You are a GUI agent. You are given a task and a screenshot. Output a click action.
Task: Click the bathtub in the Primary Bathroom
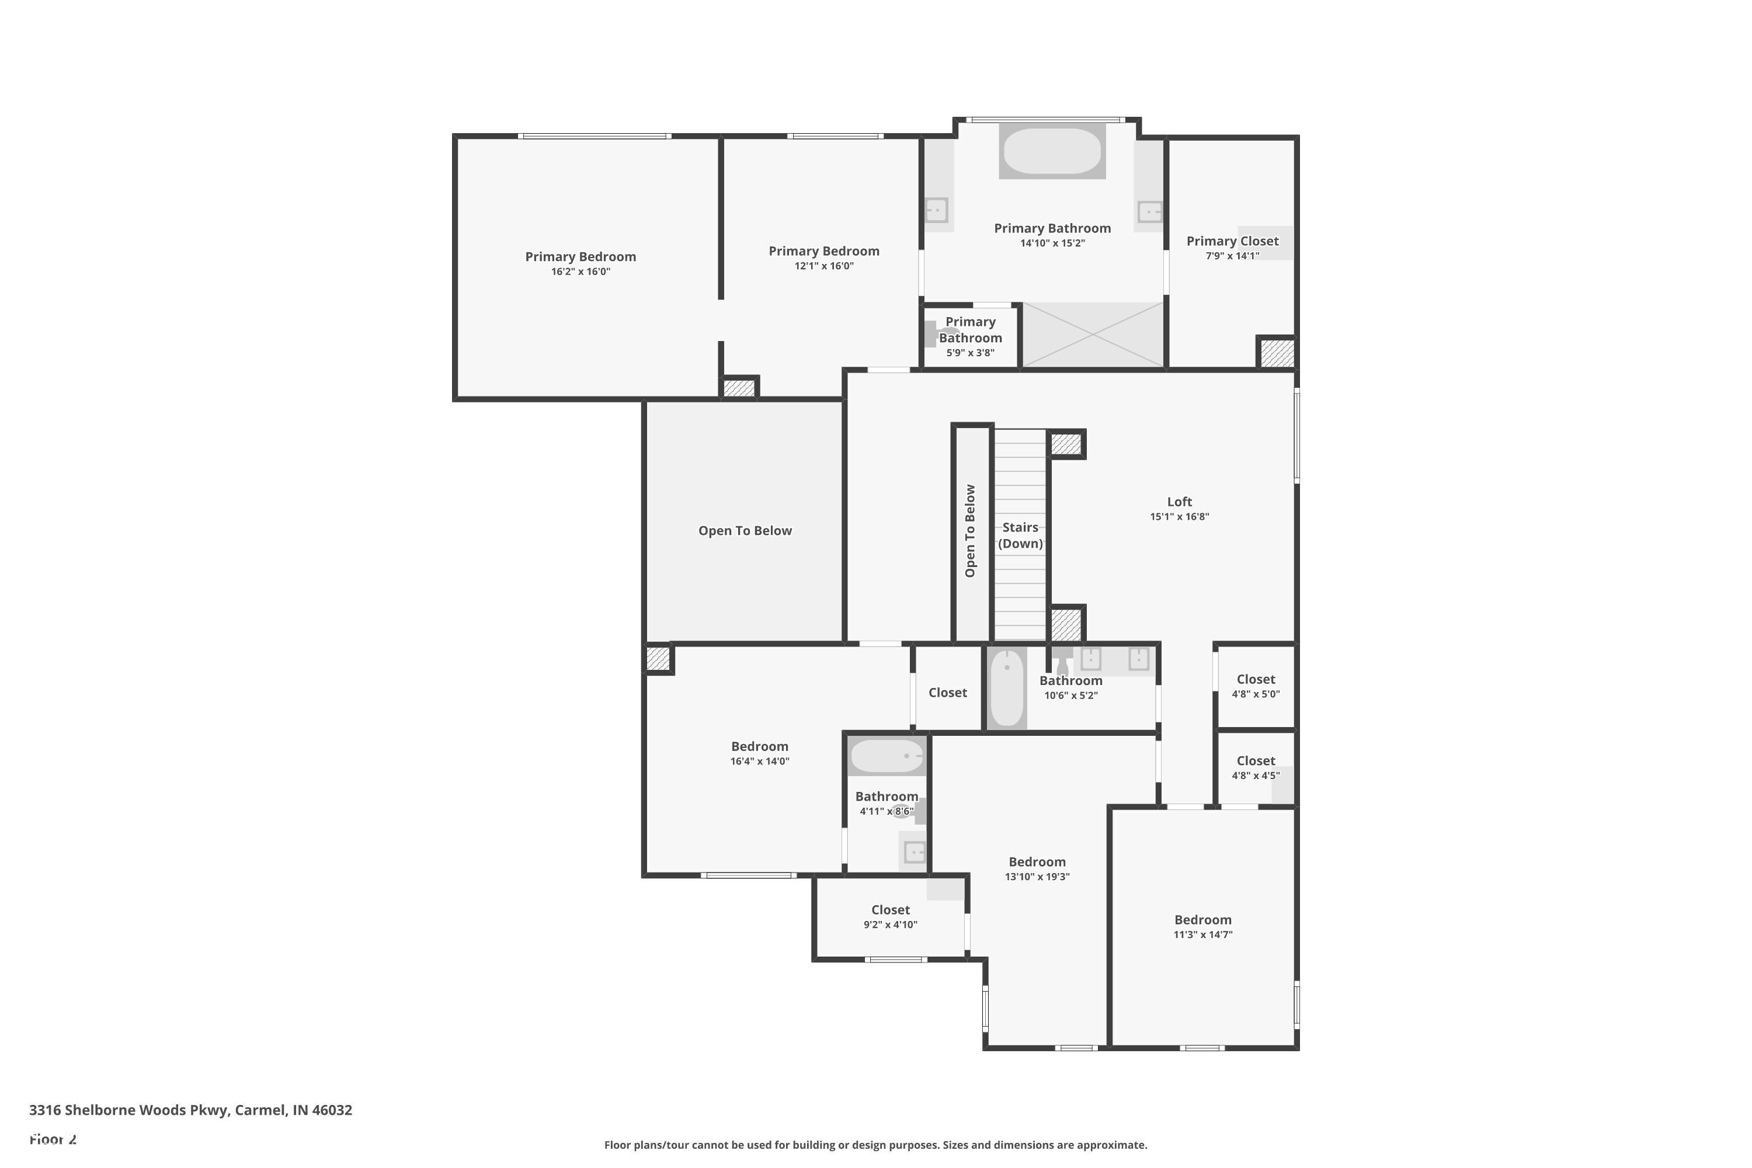click(1052, 151)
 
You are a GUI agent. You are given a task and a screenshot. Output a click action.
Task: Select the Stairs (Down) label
click(1020, 536)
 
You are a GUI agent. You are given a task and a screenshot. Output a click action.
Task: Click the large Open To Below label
click(745, 531)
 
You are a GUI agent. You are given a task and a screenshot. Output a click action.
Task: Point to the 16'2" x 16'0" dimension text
click(580, 272)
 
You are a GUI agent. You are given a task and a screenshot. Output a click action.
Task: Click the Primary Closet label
click(1232, 241)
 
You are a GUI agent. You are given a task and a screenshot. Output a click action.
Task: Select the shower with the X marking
click(1092, 335)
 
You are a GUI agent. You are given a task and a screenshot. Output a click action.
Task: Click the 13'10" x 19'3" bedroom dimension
click(1037, 877)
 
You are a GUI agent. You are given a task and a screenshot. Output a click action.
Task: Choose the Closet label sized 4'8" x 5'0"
click(1256, 679)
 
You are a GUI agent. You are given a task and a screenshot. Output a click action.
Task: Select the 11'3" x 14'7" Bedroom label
click(1203, 920)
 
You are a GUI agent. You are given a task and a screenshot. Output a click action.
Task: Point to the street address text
click(191, 1110)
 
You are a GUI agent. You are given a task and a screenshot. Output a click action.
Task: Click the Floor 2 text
click(53, 1139)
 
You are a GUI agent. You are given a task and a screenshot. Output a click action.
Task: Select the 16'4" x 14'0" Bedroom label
click(759, 746)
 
